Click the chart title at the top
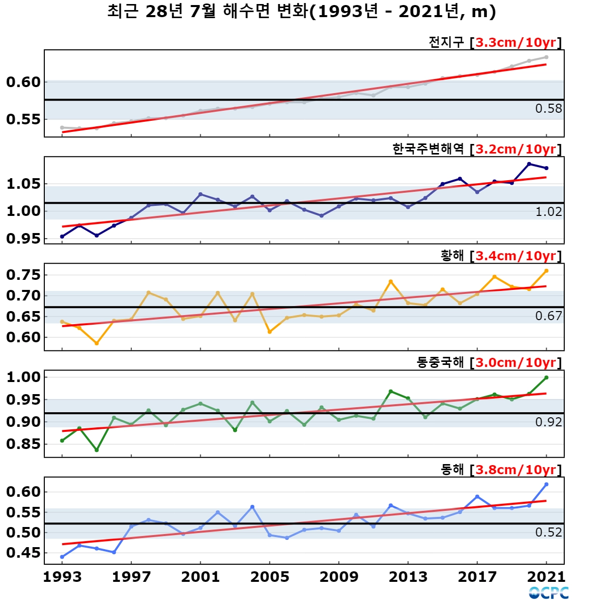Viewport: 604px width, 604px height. pos(301,12)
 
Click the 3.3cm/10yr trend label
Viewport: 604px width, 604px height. pos(516,43)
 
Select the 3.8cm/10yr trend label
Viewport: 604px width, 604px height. pos(516,470)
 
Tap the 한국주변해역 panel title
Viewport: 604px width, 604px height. pos(428,149)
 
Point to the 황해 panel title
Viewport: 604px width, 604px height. pos(452,256)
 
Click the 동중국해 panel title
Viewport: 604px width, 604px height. pos(440,362)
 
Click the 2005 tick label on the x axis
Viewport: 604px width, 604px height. pos(270,577)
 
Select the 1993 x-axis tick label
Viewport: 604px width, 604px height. pos(62,577)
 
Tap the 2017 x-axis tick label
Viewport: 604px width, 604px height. pos(477,577)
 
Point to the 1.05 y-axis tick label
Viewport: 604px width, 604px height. pos(24,184)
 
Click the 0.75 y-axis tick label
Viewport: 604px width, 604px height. pos(24,275)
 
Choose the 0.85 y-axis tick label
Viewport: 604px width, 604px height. pos(24,444)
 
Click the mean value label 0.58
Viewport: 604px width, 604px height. pos(549,109)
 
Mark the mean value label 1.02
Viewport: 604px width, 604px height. pos(549,212)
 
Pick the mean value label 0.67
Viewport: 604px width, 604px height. pos(549,316)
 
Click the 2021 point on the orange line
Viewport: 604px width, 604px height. pos(546,271)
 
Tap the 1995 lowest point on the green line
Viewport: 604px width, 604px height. pos(97,450)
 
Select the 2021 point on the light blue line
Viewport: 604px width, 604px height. pos(546,485)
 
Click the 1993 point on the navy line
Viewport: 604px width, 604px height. pos(62,237)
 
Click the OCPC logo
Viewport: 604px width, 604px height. pos(549,593)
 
